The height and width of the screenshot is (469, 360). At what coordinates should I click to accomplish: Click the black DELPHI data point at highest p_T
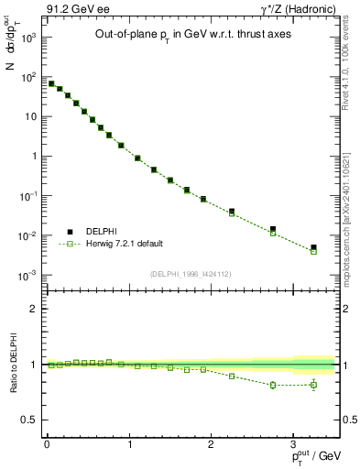click(313, 247)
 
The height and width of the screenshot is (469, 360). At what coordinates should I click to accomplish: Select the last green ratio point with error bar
click(313, 385)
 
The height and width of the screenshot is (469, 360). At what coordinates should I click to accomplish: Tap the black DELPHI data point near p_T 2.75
click(272, 229)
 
